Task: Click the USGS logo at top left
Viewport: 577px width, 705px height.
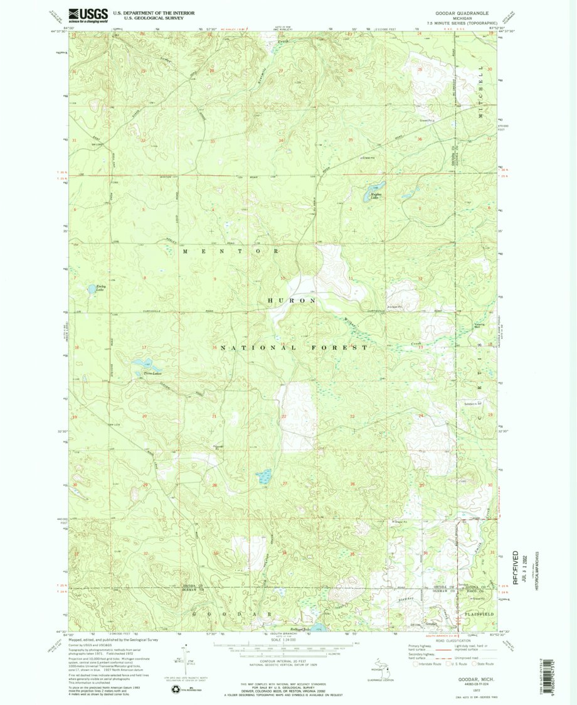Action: [88, 14]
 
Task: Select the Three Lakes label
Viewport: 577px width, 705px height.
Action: [144, 374]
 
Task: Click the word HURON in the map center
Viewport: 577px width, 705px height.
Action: [292, 301]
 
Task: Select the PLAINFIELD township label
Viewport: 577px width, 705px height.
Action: [479, 614]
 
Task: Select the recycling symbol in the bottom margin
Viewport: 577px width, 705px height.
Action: [174, 689]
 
